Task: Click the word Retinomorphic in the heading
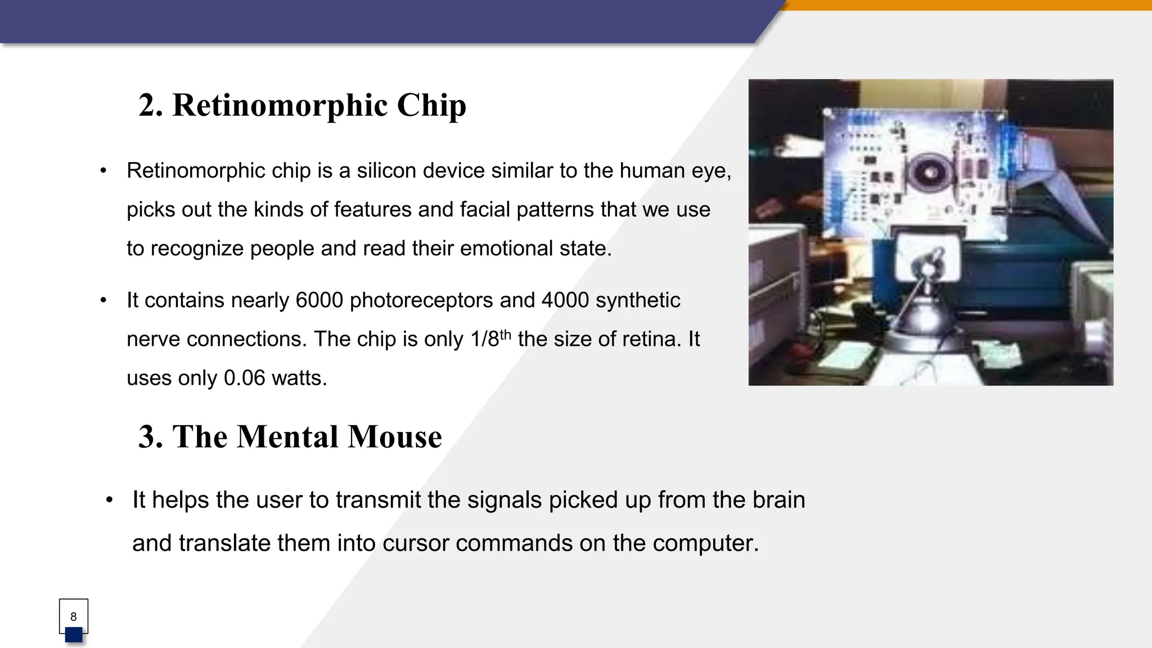click(280, 105)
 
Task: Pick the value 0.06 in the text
click(244, 378)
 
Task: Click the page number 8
click(73, 616)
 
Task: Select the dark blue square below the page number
click(74, 635)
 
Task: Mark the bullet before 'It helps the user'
click(109, 500)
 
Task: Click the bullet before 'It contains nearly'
click(103, 300)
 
